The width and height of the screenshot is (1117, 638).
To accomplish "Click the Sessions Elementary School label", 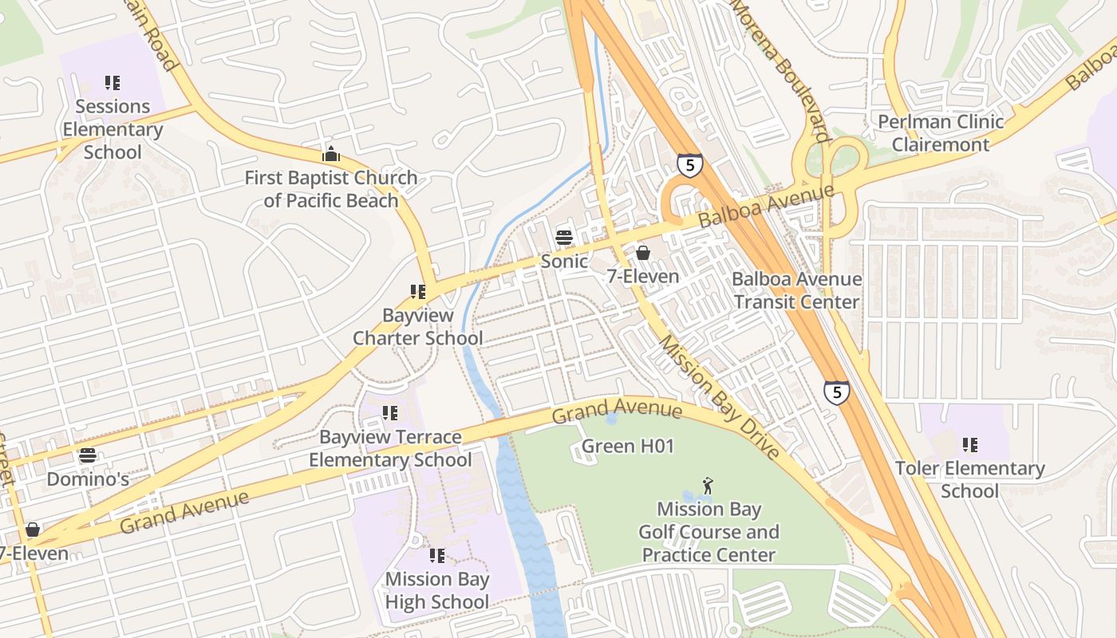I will [112, 129].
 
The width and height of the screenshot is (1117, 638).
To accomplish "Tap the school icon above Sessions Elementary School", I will [112, 82].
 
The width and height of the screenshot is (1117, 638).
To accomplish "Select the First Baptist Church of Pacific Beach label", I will [330, 189].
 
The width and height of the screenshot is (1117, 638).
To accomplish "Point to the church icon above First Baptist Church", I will [330, 154].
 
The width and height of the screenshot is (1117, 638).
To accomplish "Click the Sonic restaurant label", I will [564, 261].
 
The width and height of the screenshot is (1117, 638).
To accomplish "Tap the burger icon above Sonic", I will [564, 237].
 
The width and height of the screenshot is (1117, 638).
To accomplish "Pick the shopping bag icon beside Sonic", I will [642, 253].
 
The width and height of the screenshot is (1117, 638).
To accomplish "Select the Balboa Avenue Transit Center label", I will [796, 290].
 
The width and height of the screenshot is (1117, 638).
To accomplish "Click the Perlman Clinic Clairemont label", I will [941, 133].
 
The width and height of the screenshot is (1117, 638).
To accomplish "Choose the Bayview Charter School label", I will [417, 326].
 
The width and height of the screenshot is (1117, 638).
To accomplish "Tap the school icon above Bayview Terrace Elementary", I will [389, 413].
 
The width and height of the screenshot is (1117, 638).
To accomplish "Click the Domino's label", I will [88, 479].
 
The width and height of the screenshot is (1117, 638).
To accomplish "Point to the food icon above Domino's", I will [88, 455].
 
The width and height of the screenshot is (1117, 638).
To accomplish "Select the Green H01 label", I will [627, 446].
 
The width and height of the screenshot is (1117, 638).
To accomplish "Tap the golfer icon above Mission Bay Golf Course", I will [707, 485].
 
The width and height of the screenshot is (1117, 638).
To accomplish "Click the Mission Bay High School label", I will [437, 590].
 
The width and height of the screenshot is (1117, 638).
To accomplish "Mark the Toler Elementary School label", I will [969, 479].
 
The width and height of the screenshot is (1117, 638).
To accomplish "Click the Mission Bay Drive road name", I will [718, 396].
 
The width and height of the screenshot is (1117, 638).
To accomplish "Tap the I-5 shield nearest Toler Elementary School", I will [836, 392].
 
